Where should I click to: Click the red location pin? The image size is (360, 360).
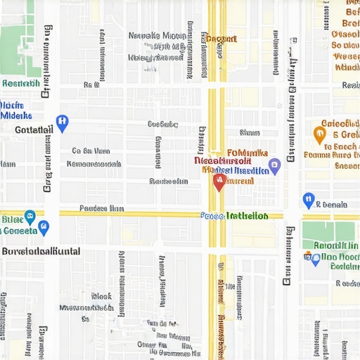(219, 182)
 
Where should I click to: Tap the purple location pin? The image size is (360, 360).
(275, 166)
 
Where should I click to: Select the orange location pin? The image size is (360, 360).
(320, 131)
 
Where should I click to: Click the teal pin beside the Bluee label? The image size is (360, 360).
(30, 217)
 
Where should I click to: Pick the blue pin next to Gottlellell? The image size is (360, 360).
(61, 124)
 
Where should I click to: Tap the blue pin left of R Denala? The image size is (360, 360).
(308, 200)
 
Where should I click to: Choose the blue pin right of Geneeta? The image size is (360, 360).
(44, 227)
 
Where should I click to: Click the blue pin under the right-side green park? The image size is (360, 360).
(315, 259)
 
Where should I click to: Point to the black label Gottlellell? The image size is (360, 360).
(34, 130)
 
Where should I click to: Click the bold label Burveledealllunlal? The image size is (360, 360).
(41, 251)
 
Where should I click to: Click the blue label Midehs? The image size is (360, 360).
(16, 115)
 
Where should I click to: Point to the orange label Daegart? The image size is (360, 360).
(222, 39)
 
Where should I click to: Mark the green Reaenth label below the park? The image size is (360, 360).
(20, 84)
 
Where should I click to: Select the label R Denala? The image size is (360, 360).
(331, 205)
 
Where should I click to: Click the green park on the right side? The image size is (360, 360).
(328, 231)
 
